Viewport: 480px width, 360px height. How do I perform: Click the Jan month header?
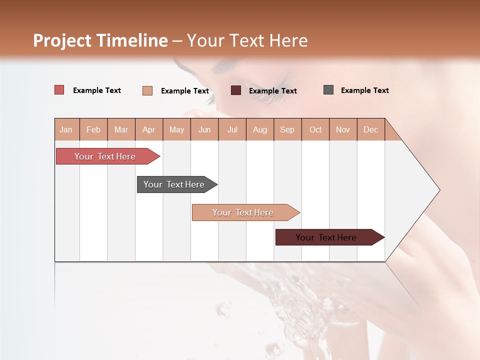tap(66, 129)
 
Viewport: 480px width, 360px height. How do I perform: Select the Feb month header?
tap(93, 129)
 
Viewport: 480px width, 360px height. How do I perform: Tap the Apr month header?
tap(148, 129)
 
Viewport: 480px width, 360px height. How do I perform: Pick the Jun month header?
tap(204, 129)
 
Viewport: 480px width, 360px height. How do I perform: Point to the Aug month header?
tap(259, 129)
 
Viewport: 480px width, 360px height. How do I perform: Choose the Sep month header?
tap(287, 129)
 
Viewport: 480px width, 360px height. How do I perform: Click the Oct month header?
tap(315, 129)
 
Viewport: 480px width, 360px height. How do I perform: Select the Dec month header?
tap(370, 129)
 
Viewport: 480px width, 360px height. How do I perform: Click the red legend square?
tap(59, 90)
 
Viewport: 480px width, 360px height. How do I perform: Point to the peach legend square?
tap(147, 90)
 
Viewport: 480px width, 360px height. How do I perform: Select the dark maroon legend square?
tap(236, 90)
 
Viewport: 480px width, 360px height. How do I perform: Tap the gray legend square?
tap(328, 90)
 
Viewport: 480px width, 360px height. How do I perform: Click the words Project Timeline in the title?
tap(100, 40)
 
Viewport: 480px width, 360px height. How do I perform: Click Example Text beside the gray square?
tap(364, 90)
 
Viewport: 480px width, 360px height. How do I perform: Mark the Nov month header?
tap(342, 129)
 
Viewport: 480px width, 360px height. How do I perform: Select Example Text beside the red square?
tap(96, 90)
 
